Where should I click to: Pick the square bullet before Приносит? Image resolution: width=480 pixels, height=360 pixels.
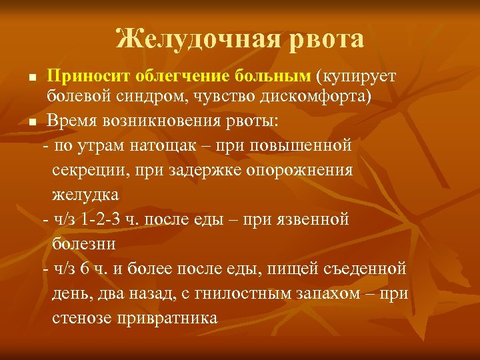pyautogui.click(x=32, y=79)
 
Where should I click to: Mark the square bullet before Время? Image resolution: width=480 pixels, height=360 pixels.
pyautogui.click(x=32, y=123)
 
